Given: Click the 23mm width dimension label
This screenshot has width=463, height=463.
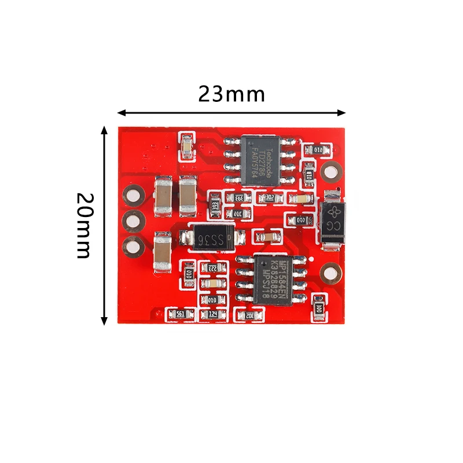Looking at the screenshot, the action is pyautogui.click(x=231, y=94).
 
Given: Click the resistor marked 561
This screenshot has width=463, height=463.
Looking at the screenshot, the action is pyautogui.click(x=180, y=314).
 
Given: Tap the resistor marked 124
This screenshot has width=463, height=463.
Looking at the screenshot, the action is pyautogui.click(x=212, y=314).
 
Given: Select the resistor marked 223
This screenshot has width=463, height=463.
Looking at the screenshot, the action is pyautogui.click(x=212, y=268).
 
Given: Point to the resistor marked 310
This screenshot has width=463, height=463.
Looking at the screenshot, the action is pyautogui.click(x=237, y=214).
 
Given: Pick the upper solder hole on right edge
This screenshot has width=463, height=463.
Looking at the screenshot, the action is pyautogui.click(x=332, y=171).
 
